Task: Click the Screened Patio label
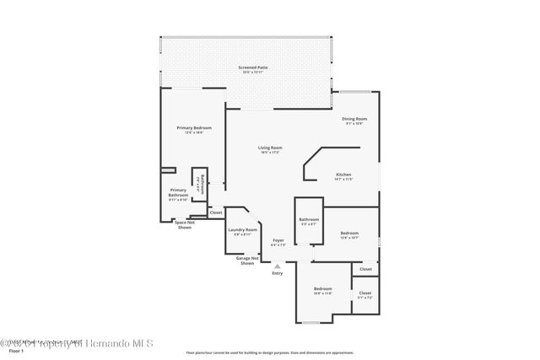(x=247, y=67)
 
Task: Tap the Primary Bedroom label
(x=190, y=128)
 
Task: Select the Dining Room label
(x=354, y=119)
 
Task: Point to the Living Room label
(x=270, y=148)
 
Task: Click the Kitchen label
(x=343, y=175)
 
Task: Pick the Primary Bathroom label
(x=178, y=192)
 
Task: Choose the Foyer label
(x=278, y=240)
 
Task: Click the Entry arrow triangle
(x=278, y=266)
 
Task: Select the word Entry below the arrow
(x=278, y=273)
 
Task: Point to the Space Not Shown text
(x=183, y=224)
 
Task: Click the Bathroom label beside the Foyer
(x=309, y=220)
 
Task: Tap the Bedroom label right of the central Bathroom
(x=349, y=233)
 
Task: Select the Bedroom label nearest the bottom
(x=323, y=289)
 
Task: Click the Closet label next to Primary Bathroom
(x=216, y=212)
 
